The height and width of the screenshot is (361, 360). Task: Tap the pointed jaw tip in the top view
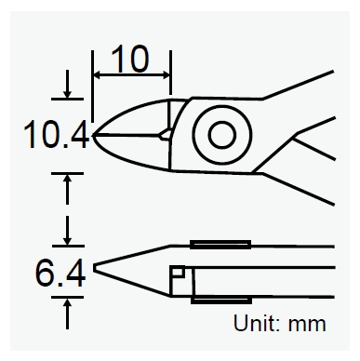click(x=95, y=137)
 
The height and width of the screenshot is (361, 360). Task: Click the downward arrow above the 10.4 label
click(x=67, y=90)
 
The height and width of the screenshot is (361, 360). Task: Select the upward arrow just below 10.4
click(x=67, y=185)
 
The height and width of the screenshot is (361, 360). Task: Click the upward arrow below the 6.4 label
click(x=67, y=313)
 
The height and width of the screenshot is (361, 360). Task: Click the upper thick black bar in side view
click(x=220, y=245)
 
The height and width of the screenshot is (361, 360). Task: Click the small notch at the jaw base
click(x=166, y=136)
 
